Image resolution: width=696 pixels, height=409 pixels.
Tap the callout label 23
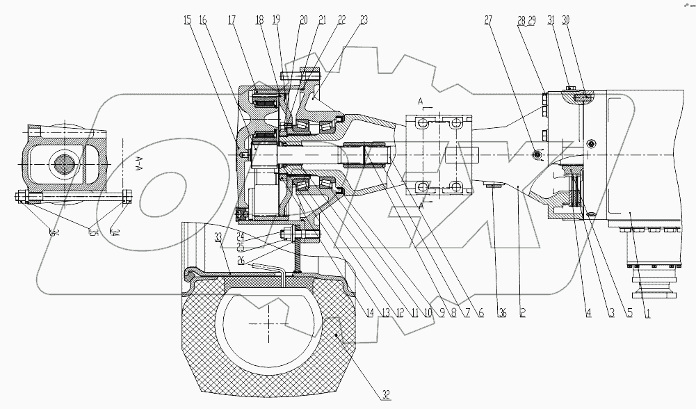tap(363, 21)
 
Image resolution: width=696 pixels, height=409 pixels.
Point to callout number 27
tap(488, 21)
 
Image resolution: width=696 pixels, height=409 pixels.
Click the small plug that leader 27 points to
tap(535, 154)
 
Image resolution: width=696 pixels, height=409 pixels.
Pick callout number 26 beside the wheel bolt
tap(240, 259)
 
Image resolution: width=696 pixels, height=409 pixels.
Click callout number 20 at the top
tap(303, 21)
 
